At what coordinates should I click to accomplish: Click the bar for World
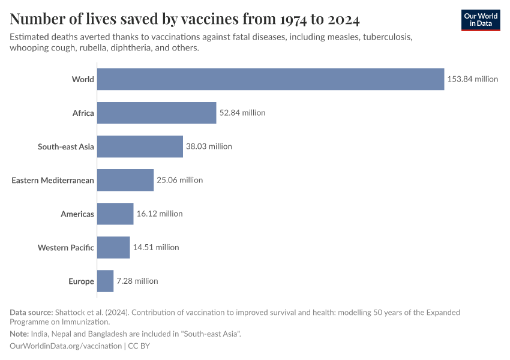271,79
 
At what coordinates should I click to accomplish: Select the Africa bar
157,113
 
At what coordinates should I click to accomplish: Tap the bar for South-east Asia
140,146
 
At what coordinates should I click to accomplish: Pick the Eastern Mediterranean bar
125,180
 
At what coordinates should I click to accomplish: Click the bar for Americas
115,214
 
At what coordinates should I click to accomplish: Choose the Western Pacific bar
113,247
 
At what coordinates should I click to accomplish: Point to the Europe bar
105,281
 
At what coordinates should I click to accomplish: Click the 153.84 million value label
472,79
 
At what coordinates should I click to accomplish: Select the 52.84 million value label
242,113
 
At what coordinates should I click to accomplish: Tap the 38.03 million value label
209,146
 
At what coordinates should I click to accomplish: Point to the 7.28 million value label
137,281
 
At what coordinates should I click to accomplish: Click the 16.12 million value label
160,214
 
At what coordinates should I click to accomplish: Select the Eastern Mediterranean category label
53,180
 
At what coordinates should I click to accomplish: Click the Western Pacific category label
65,247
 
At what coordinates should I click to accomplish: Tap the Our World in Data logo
481,20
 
